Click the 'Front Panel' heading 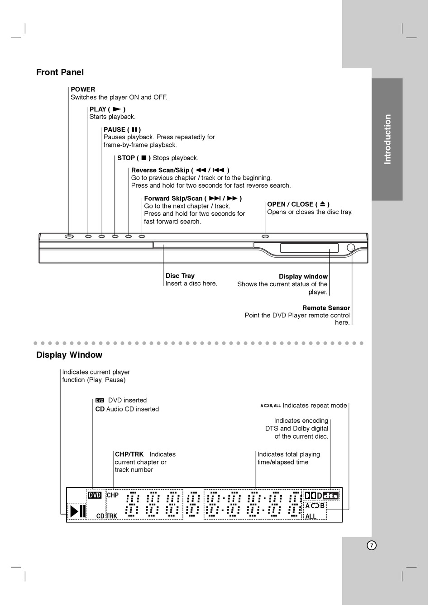60,72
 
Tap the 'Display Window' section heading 69,355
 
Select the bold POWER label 83,90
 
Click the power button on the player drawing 69,236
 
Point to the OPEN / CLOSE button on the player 265,236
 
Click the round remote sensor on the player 351,248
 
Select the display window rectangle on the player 309,248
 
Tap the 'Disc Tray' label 180,276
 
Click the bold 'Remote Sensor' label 326,308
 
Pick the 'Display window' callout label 303,277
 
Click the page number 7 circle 371,545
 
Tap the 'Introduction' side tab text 387,139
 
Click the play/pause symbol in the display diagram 77,511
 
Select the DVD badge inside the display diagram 95,496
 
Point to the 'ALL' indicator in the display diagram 311,516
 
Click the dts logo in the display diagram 330,496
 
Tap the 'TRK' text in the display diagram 112,516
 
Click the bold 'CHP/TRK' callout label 129,454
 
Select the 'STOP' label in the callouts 126,158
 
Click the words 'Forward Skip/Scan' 173,199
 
